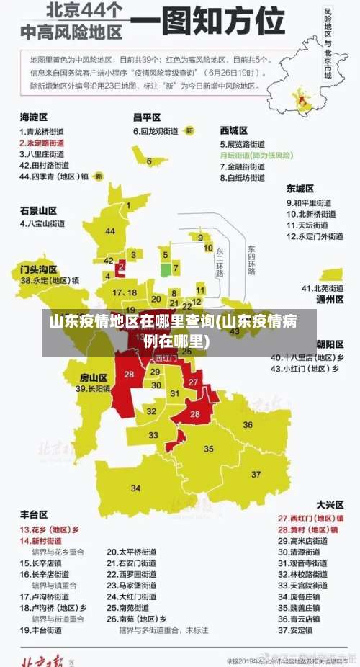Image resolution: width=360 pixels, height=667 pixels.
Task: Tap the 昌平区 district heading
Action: tap(146, 117)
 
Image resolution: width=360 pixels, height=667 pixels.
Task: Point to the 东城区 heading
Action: tap(300, 189)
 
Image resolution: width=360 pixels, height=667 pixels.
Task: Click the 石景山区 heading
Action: tap(38, 210)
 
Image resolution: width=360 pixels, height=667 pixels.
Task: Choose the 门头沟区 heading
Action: tap(38, 269)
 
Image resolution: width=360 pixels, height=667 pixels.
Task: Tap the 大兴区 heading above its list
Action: tap(330, 504)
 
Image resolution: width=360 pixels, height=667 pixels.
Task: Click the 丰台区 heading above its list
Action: tap(34, 514)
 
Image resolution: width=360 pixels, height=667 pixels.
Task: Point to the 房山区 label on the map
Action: tap(93, 377)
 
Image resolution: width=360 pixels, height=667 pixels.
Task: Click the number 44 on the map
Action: tap(110, 231)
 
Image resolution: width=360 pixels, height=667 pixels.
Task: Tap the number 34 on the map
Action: tap(135, 488)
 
